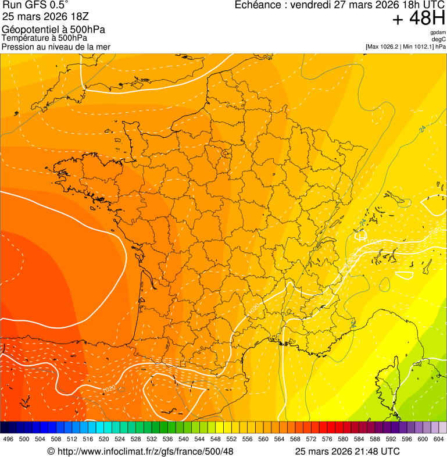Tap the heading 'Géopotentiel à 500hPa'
click(x=53, y=30)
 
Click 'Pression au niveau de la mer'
click(x=56, y=47)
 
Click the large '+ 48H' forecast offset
click(x=419, y=19)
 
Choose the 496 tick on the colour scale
click(x=8, y=439)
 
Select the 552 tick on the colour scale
click(x=231, y=439)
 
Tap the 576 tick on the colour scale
click(x=327, y=439)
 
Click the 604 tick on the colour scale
click(x=439, y=439)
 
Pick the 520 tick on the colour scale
click(x=103, y=439)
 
